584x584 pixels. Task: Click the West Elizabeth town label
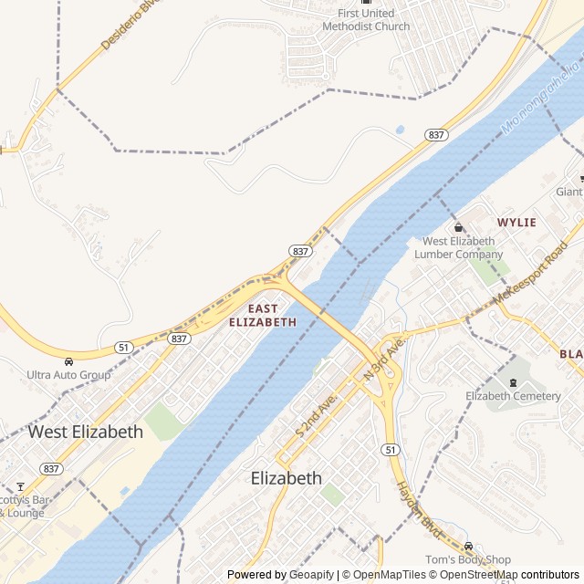[x=86, y=432]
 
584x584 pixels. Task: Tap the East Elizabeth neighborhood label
[x=263, y=316]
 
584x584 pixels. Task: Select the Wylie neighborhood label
[x=516, y=223]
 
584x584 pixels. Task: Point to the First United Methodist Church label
[x=366, y=19]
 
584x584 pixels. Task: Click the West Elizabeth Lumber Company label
[x=459, y=247]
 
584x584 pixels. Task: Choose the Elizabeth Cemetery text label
[x=513, y=396]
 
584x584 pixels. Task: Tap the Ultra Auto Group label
[x=68, y=375]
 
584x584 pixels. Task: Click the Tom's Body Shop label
[x=468, y=559]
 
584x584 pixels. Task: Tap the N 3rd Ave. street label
[x=382, y=359]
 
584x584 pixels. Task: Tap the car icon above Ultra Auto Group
[x=68, y=361]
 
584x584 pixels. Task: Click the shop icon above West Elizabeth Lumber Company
[x=459, y=227]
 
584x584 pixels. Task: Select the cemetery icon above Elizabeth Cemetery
[x=513, y=381]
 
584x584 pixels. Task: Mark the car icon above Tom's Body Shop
[x=468, y=546]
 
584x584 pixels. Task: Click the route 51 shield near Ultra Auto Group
[x=122, y=347]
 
